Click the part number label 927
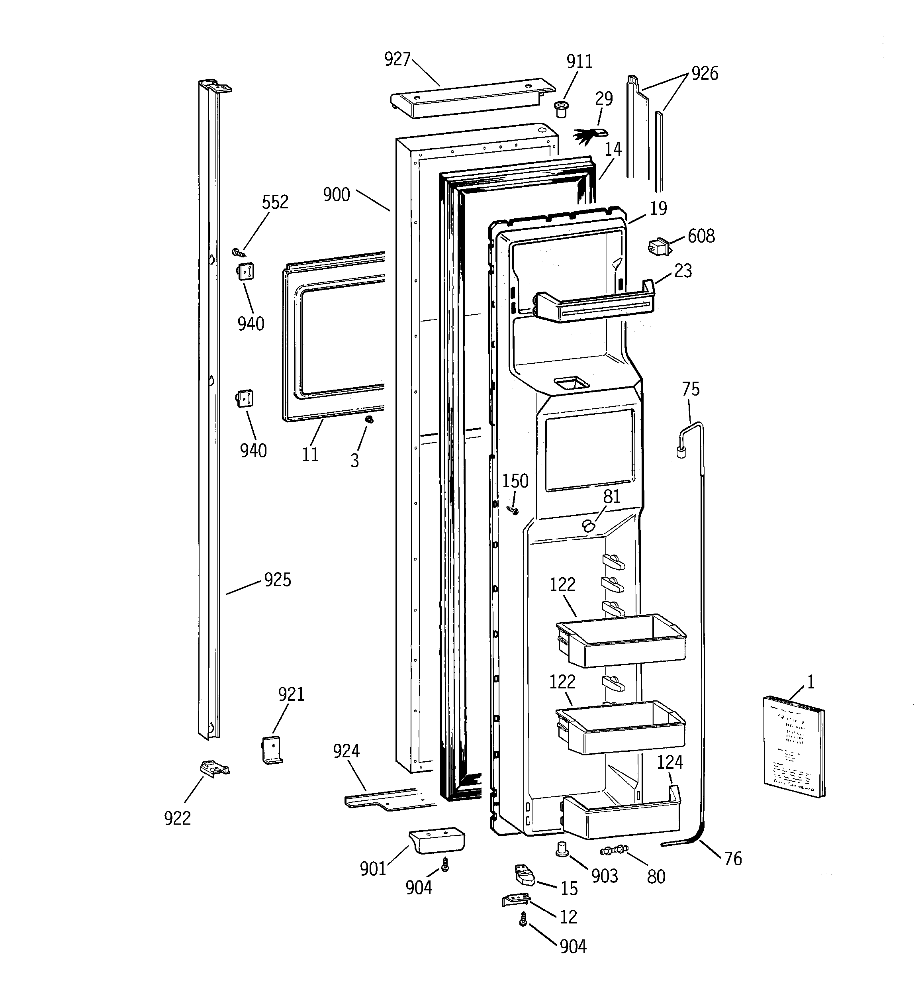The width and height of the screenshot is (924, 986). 397,59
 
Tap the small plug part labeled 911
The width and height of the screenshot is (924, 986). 561,108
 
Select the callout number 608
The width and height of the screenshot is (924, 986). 701,236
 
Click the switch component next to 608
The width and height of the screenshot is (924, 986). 660,247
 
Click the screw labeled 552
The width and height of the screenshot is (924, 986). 239,253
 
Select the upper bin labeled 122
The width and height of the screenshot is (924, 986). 621,640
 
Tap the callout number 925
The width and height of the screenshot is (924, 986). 277,579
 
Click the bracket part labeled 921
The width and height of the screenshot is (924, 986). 271,751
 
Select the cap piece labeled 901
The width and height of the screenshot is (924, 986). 437,840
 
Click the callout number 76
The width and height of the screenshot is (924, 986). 732,858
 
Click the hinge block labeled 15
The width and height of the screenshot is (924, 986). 524,875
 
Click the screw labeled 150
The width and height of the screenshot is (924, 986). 512,510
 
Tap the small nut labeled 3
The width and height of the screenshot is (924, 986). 369,420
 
